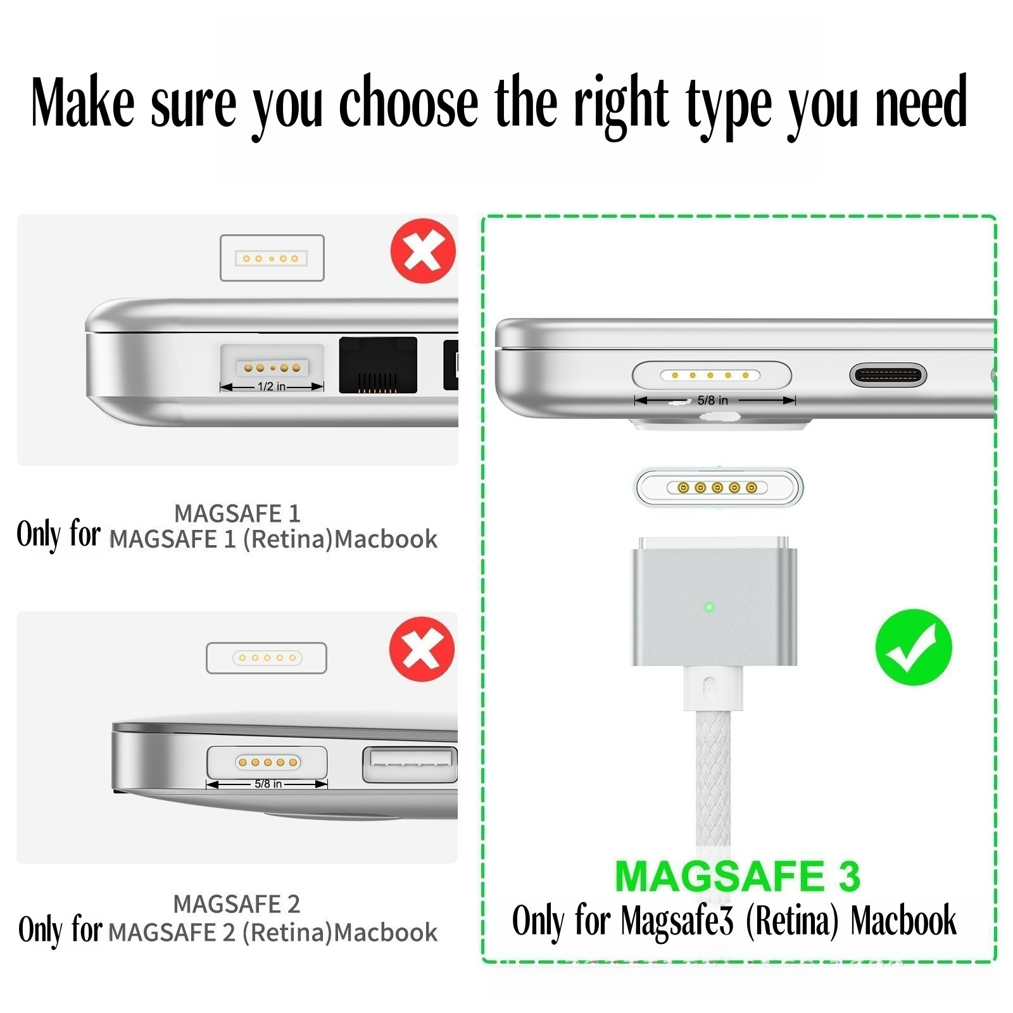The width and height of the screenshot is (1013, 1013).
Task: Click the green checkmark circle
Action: (x=913, y=646)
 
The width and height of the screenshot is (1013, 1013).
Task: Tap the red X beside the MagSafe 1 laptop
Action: (x=423, y=251)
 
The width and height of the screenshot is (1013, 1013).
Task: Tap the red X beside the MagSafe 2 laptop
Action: (x=422, y=649)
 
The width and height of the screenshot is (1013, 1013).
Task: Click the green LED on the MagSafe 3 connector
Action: (x=709, y=607)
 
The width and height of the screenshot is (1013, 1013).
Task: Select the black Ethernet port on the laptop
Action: (x=378, y=365)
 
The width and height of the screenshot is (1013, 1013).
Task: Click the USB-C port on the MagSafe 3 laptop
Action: (x=888, y=375)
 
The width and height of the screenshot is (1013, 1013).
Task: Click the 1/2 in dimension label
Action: (x=272, y=386)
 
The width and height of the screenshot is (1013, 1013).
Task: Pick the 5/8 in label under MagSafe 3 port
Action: (x=713, y=400)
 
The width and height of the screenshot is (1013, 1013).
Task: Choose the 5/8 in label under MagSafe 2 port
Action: (x=268, y=784)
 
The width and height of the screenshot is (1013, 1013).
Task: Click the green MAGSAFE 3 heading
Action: (x=738, y=876)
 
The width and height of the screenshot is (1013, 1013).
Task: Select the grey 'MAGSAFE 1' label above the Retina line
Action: (x=237, y=513)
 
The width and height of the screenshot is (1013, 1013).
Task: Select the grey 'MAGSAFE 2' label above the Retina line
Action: (x=237, y=904)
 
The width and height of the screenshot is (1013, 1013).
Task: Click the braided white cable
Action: (x=713, y=779)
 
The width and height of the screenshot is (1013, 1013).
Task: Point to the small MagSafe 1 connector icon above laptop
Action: (x=272, y=258)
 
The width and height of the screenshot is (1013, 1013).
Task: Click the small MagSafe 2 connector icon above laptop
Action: (x=267, y=658)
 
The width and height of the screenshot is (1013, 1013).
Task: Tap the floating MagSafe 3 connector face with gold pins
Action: (x=718, y=488)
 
